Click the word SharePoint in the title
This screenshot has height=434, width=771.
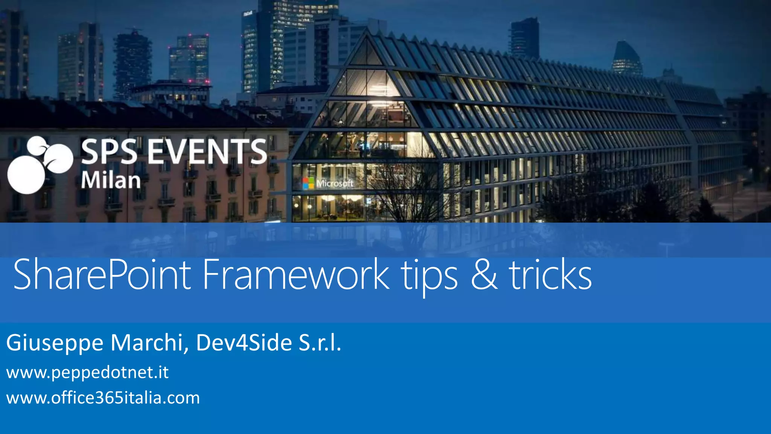102,275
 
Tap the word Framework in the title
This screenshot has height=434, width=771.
296,275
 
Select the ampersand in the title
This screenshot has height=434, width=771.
484,275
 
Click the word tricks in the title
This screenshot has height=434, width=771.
550,275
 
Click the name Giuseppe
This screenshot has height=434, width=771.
55,343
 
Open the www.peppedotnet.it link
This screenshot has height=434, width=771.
87,373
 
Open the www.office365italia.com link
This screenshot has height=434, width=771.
103,398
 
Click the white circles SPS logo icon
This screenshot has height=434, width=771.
38,166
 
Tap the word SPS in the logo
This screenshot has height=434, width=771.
109,151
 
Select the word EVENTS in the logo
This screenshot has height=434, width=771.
207,151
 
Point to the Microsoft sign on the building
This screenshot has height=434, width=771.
334,183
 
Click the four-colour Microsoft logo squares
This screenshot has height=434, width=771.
308,183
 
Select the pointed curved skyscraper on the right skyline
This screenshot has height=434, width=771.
627,58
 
